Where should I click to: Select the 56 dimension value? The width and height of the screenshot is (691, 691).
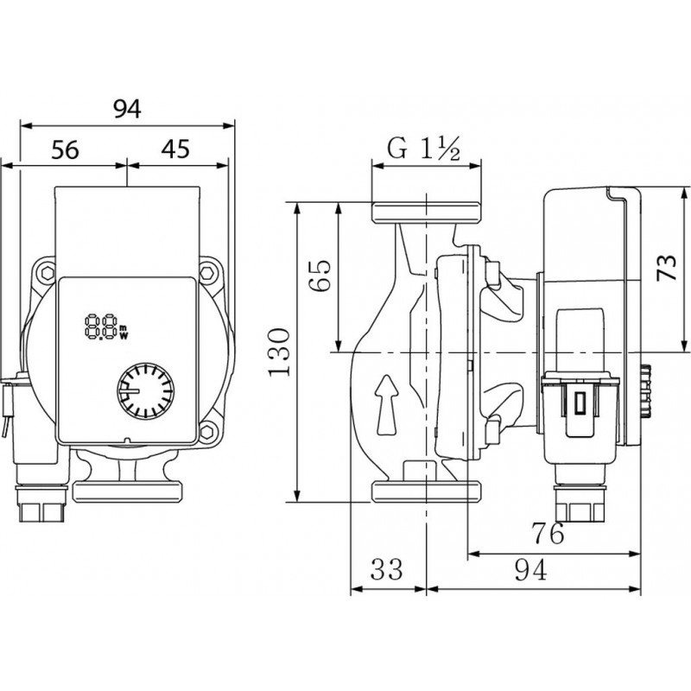[65, 149]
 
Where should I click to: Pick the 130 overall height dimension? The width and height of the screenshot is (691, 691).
[279, 352]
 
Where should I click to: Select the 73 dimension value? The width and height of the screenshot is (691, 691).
[666, 269]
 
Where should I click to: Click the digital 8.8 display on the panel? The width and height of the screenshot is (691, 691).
[101, 326]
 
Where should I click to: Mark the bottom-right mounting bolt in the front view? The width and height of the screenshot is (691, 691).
[208, 431]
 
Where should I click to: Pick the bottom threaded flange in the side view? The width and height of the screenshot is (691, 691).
[425, 491]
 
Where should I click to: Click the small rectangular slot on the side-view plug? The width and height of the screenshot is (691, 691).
[580, 402]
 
